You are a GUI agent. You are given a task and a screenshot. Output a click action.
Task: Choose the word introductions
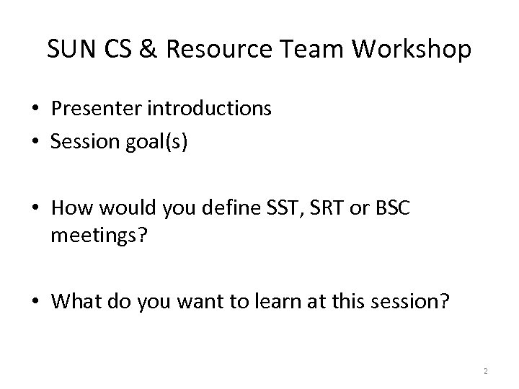[211, 109]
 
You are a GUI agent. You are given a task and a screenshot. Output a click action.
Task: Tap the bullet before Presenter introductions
[34, 109]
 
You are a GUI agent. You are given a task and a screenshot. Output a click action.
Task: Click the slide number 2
[486, 371]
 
